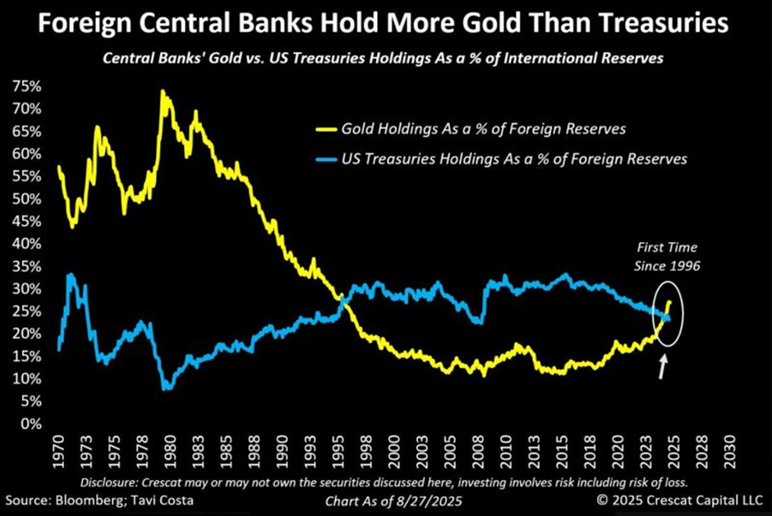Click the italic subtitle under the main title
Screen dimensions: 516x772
pyautogui.click(x=385, y=59)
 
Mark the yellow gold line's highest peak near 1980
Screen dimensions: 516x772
pyautogui.click(x=163, y=91)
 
